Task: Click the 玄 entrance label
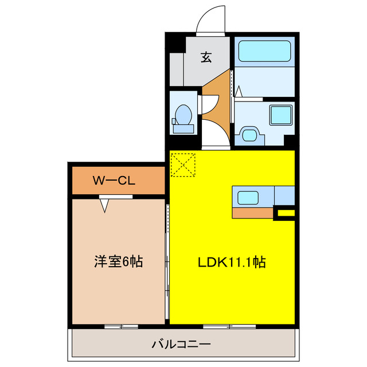[205, 57]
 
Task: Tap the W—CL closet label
[114, 181]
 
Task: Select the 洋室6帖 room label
[118, 262]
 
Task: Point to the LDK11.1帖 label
[231, 263]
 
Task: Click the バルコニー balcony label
[181, 345]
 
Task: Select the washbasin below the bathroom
[249, 135]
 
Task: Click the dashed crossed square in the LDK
[183, 165]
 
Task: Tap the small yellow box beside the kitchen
[285, 214]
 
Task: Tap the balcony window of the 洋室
[121, 326]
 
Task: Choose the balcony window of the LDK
[229, 326]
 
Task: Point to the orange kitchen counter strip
[253, 213]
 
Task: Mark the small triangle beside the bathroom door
[237, 91]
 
